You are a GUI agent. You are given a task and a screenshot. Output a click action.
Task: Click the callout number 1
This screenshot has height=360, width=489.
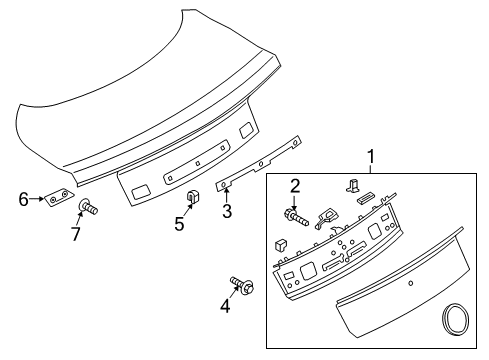pos(371,157)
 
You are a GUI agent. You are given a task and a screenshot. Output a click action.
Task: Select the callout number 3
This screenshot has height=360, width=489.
pos(227,211)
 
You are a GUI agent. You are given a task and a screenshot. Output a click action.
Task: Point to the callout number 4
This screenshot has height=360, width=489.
pos(225,306)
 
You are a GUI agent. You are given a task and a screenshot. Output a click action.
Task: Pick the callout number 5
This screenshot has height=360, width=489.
pos(180,224)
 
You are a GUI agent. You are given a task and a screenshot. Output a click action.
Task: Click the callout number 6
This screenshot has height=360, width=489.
pos(24,198)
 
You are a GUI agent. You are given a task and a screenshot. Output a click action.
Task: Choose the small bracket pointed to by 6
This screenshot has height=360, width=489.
pos(57,198)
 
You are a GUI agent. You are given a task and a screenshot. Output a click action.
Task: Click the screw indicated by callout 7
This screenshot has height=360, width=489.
pos(86,208)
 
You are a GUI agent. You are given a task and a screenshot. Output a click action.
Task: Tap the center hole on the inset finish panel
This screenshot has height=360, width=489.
pos(410,285)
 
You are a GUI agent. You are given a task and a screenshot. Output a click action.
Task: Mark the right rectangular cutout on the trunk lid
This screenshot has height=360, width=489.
pos(245,130)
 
